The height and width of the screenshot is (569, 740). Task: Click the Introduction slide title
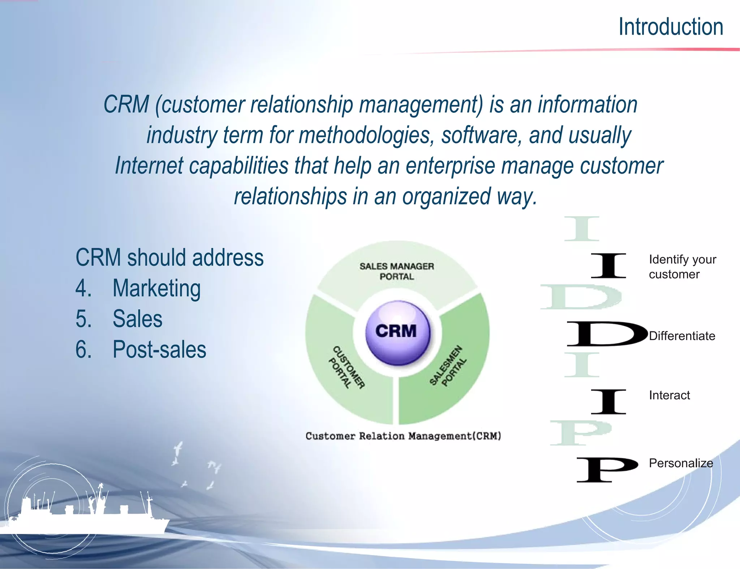671,27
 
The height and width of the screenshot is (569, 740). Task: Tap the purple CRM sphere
397,332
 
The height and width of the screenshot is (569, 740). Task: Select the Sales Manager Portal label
397,271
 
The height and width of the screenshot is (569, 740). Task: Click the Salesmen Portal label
448,366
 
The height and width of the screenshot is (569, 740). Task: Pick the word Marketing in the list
156,289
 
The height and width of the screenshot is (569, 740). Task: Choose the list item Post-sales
159,350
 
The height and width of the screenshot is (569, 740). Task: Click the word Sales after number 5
137,319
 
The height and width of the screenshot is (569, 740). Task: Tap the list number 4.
83,289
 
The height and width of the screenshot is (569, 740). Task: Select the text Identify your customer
682,267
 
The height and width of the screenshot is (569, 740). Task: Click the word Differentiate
682,336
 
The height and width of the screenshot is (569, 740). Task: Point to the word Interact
669,395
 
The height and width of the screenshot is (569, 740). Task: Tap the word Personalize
681,463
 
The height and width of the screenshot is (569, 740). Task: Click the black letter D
607,334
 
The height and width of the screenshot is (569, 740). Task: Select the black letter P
607,469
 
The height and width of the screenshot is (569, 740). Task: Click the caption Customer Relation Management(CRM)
403,436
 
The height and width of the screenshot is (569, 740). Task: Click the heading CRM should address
169,258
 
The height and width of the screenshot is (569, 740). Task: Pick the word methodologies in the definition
366,135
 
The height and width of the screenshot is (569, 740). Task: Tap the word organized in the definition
447,197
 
